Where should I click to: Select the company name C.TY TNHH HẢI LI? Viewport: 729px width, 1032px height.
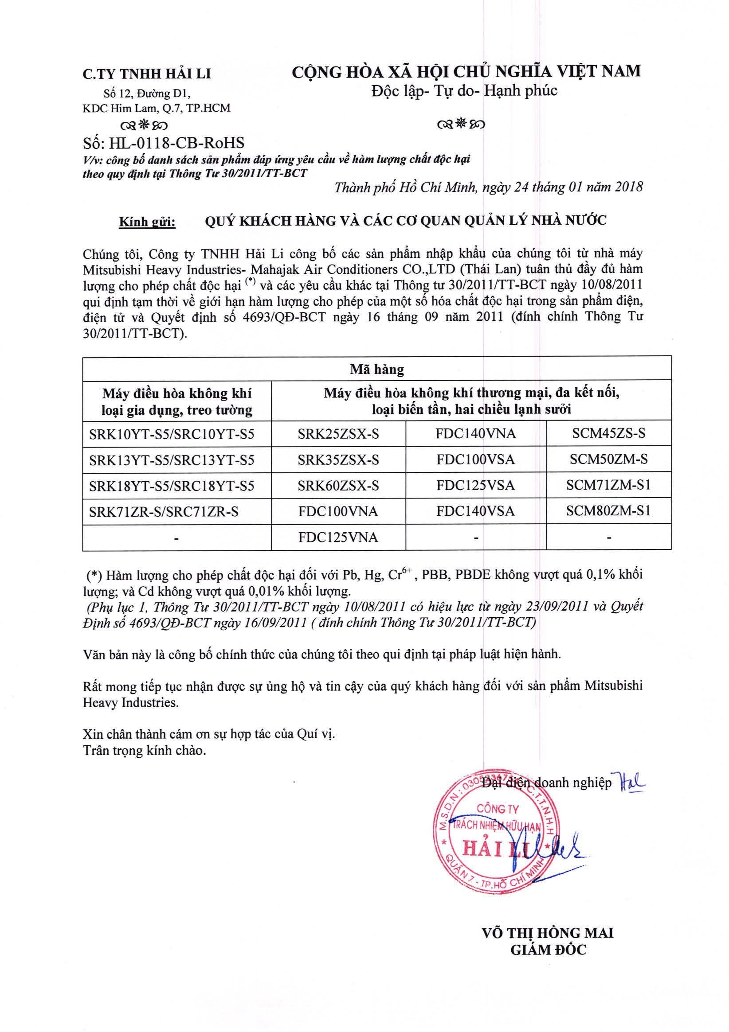point(147,74)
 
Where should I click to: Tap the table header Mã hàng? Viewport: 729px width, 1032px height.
point(377,370)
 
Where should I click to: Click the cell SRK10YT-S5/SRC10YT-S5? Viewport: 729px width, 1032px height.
point(172,434)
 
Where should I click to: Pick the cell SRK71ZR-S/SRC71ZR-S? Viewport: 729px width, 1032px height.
point(164,511)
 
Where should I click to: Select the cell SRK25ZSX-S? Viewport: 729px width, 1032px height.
point(338,434)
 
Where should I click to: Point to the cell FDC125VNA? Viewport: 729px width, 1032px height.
point(338,537)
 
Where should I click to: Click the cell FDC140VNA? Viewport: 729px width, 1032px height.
point(476,434)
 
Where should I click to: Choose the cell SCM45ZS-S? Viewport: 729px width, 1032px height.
point(608,434)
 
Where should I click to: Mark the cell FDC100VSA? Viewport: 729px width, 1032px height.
point(476,460)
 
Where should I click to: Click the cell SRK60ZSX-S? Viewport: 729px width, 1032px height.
point(338,486)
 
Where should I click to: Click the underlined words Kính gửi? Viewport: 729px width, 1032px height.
point(147,222)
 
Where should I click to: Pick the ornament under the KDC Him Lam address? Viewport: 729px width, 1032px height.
point(147,124)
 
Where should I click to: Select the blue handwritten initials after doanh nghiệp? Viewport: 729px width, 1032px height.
point(632,783)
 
